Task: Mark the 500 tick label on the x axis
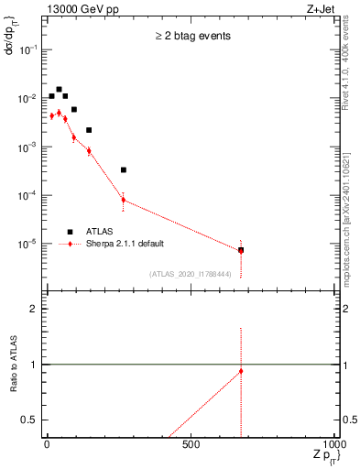pos(191,443)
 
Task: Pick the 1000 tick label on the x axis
pos(336,443)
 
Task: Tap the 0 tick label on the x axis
pos(46,443)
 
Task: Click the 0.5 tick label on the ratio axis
pos(34,420)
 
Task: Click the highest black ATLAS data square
pos(59,90)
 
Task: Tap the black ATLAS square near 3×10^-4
pos(124,169)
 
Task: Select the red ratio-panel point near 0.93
pos(241,371)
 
